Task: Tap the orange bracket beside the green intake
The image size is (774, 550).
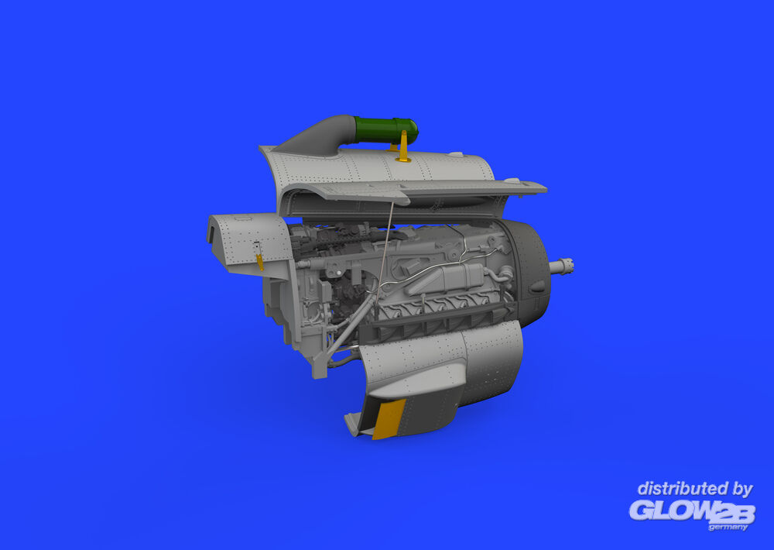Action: pyautogui.click(x=403, y=146)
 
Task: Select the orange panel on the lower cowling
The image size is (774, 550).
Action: pyautogui.click(x=389, y=419)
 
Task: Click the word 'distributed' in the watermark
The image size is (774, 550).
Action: pyautogui.click(x=682, y=490)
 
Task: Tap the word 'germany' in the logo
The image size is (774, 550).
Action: pyautogui.click(x=728, y=528)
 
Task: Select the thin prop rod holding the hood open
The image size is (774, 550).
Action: pyautogui.click(x=385, y=247)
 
